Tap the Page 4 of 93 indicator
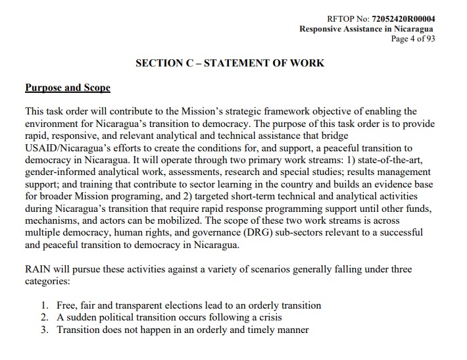(413, 39)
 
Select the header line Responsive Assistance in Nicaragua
(366, 29)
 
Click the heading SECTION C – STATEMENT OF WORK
(230, 63)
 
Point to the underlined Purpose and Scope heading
(67, 88)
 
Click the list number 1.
(44, 306)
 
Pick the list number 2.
(44, 318)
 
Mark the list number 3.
(44, 330)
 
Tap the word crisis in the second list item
(268, 318)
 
